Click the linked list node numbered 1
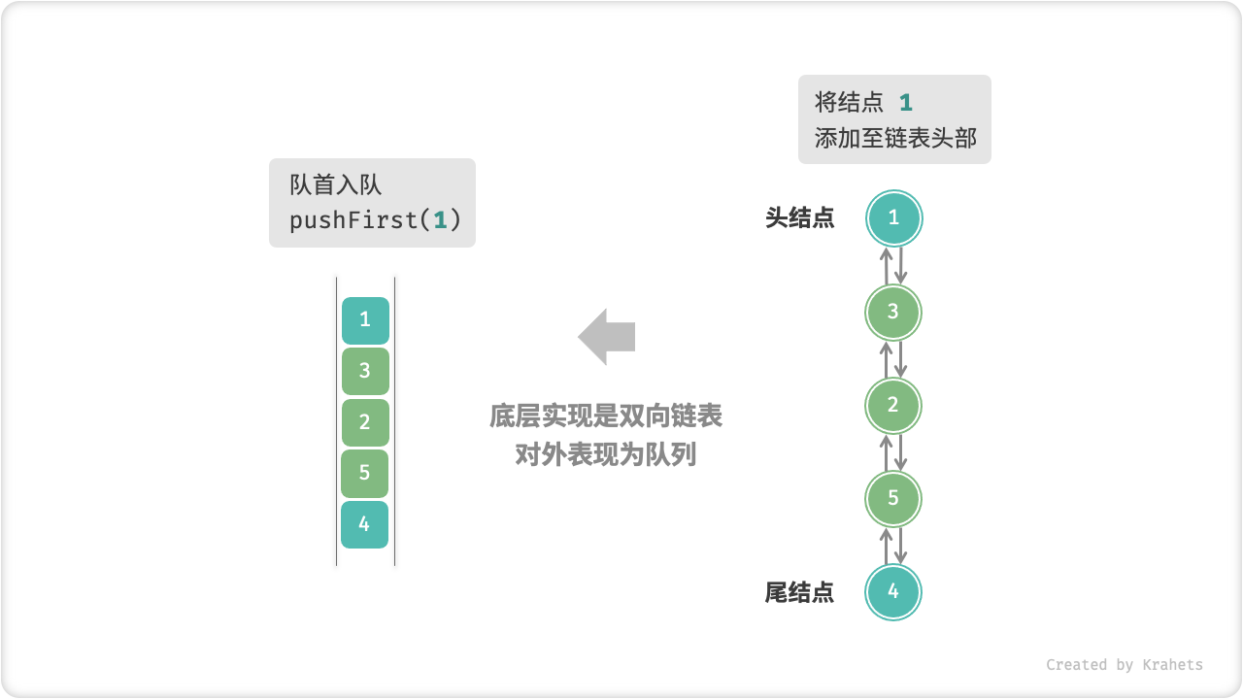pyautogui.click(x=893, y=218)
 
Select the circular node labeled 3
pyautogui.click(x=893, y=312)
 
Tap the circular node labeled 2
pyautogui.click(x=893, y=405)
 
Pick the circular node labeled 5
pyautogui.click(x=893, y=498)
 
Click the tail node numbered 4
pyautogui.click(x=893, y=591)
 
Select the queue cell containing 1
pyautogui.click(x=365, y=320)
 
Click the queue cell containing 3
pyautogui.click(x=365, y=371)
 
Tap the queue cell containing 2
pyautogui.click(x=365, y=422)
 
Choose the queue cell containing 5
pyautogui.click(x=365, y=474)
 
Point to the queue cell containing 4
pyautogui.click(x=365, y=524)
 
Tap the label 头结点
pyautogui.click(x=799, y=218)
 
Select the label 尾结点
pyautogui.click(x=799, y=592)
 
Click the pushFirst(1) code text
pyautogui.click(x=375, y=220)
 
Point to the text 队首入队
pyautogui.click(x=335, y=184)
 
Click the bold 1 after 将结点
pyautogui.click(x=905, y=103)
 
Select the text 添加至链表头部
pyautogui.click(x=895, y=138)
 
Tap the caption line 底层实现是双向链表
pyautogui.click(x=606, y=417)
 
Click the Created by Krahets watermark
pyautogui.click(x=1124, y=665)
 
